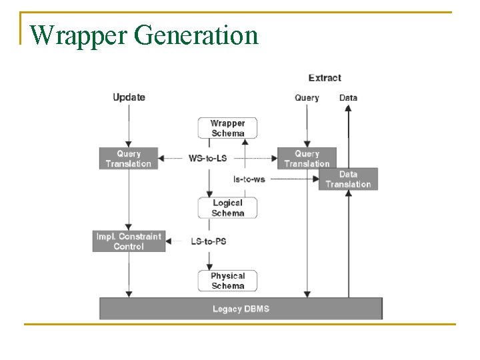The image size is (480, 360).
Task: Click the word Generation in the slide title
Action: [196, 35]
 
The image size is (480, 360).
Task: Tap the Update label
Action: [129, 97]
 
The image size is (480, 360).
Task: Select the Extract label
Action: [325, 78]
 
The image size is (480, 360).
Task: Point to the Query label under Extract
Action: [307, 98]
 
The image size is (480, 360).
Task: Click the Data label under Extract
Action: [348, 98]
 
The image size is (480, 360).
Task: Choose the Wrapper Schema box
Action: [227, 128]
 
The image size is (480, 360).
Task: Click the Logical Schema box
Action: [227, 208]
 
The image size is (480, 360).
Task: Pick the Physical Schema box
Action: [227, 281]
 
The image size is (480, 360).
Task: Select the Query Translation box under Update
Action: [129, 159]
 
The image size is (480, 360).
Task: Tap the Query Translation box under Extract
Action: [307, 159]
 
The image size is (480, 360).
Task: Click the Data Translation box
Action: [348, 179]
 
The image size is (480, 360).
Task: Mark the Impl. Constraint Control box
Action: [129, 241]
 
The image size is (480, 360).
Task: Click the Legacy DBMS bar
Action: [241, 309]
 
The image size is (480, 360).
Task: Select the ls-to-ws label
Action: [249, 179]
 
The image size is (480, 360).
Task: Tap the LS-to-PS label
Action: [208, 241]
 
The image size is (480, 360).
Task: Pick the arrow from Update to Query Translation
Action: [129, 127]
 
